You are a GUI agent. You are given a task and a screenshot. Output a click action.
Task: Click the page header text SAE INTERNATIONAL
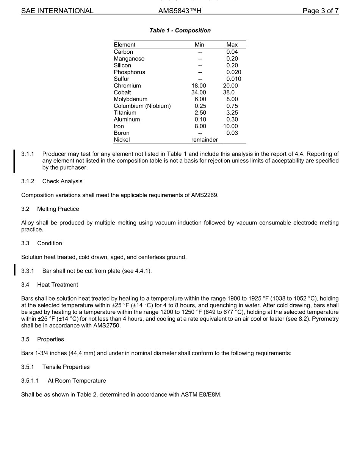[x=57, y=11]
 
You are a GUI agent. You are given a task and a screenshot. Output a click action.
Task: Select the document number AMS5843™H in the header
[x=180, y=11]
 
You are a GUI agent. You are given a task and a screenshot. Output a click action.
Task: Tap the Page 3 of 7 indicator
[x=320, y=11]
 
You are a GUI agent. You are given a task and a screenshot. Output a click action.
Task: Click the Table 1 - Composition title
[x=180, y=30]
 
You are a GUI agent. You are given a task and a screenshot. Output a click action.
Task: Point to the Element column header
[x=124, y=45]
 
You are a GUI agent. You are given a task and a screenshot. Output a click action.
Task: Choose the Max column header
[x=232, y=45]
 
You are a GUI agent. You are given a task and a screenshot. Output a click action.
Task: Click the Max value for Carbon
[x=232, y=52]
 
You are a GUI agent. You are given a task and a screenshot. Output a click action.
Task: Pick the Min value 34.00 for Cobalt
[x=199, y=92]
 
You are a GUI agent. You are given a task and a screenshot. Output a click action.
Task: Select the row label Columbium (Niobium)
[x=142, y=106]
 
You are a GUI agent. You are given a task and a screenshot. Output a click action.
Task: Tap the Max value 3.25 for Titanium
[x=232, y=113]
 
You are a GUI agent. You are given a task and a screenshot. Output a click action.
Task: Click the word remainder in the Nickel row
[x=205, y=140]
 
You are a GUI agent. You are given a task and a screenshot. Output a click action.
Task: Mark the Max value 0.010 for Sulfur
[x=233, y=79]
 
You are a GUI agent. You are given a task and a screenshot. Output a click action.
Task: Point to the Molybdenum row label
[x=130, y=99]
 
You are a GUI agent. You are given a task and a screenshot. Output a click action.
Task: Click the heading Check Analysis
[x=62, y=181]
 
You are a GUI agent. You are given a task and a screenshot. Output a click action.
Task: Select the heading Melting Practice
[x=58, y=209]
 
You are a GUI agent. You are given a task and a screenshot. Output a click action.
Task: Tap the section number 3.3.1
[x=28, y=271]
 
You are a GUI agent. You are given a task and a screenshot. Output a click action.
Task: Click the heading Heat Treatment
[x=57, y=285]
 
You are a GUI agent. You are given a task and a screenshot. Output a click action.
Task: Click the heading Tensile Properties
[x=66, y=367]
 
